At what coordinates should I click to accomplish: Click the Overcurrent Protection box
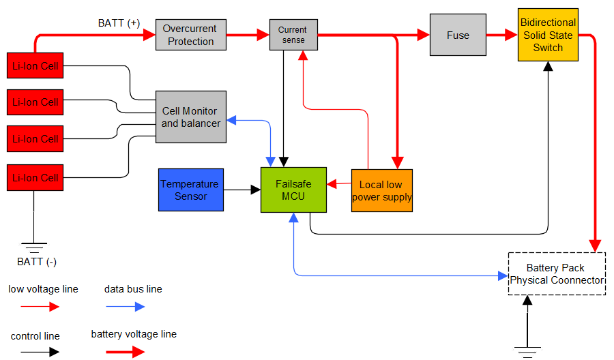pos(191,35)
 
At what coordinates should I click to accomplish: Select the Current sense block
pos(293,35)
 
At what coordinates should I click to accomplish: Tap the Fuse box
pos(458,35)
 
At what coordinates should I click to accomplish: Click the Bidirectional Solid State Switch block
pos(548,35)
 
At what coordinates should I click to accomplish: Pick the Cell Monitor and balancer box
pos(191,117)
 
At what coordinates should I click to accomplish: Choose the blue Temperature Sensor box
pos(190,190)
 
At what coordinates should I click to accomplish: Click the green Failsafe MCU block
pos(293,190)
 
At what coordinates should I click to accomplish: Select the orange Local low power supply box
pos(382,190)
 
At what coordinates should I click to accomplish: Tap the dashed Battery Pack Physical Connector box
pos(557,273)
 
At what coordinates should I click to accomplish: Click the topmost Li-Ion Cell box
pos(35,66)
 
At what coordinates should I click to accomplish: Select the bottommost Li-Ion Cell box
pos(35,177)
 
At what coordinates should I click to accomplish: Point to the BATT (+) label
pos(119,23)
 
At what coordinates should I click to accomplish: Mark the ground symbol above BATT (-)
pos(33,246)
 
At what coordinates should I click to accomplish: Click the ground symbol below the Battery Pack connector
pos(526,351)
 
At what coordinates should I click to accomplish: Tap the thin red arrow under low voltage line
pos(40,306)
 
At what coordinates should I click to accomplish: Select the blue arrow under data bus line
pos(126,306)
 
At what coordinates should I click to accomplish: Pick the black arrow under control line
pos(40,352)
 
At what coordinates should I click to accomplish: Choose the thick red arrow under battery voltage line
pos(126,352)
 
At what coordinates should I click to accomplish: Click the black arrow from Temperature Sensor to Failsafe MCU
pos(242,190)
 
